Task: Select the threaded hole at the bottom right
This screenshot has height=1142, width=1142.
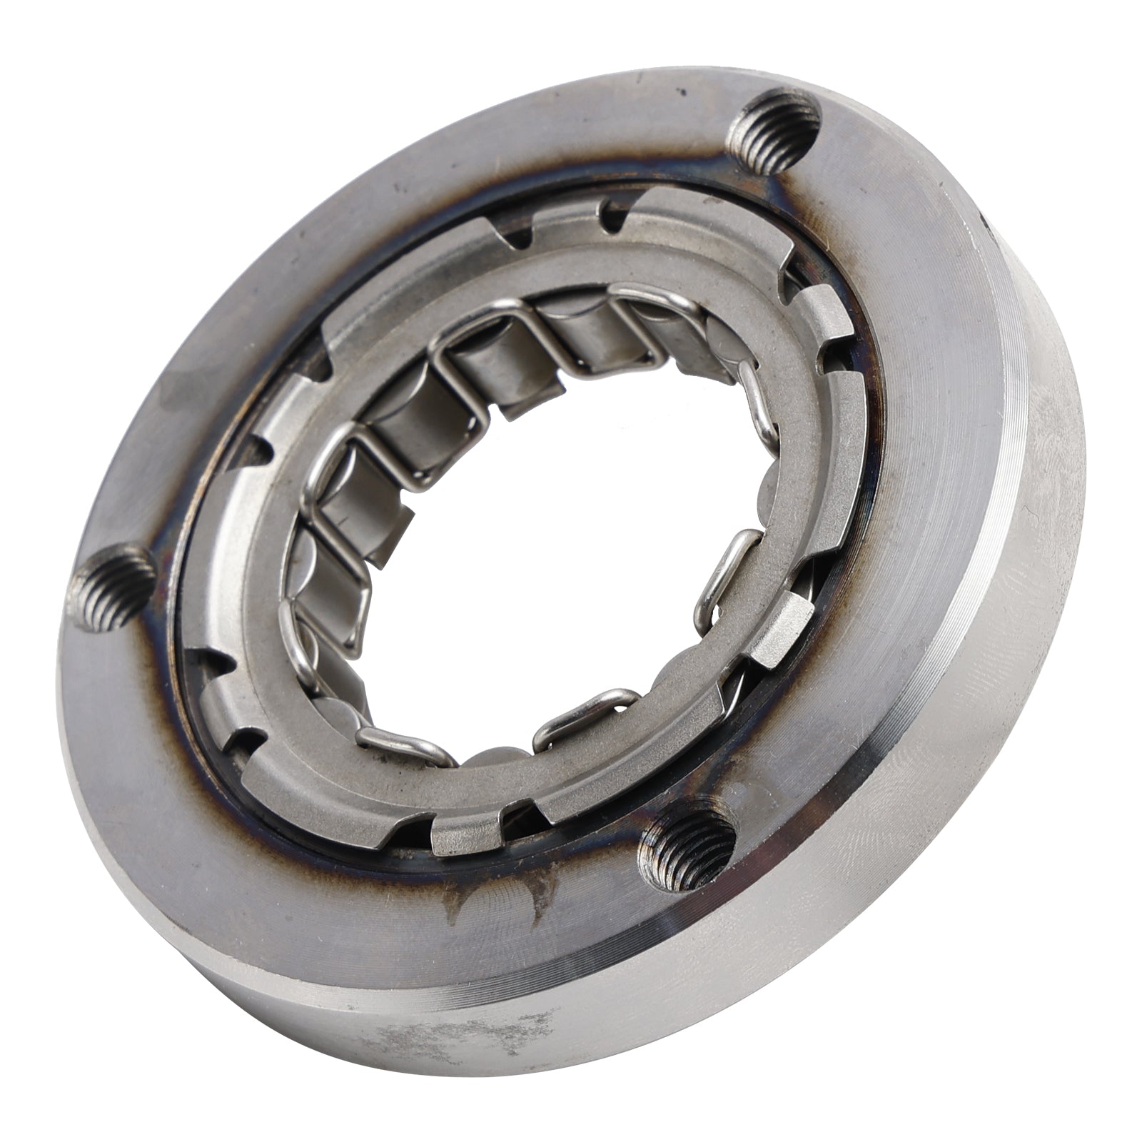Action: (x=689, y=849)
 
